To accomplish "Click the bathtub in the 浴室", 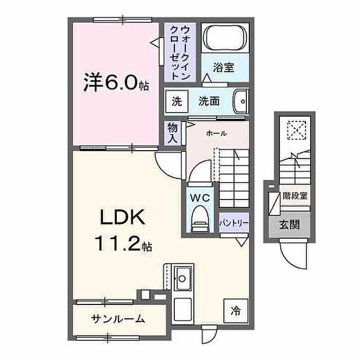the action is click(x=225, y=38).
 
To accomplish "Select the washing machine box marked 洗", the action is click(x=177, y=101).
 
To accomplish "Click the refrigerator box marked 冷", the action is click(x=236, y=311).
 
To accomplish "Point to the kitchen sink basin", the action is click(x=183, y=278).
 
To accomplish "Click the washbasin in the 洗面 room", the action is click(x=241, y=101).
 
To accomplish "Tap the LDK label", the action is click(x=122, y=217).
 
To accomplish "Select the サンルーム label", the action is click(x=118, y=319).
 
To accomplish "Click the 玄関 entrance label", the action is click(x=290, y=225).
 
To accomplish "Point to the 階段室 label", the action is click(x=295, y=196).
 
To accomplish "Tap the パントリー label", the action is click(x=234, y=223).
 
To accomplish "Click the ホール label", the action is click(x=217, y=133).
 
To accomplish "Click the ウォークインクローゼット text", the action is click(x=179, y=53).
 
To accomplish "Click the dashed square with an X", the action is click(x=296, y=130).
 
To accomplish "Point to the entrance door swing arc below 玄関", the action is click(x=291, y=260).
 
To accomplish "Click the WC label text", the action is click(x=200, y=198).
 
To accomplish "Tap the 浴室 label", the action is click(x=224, y=67).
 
